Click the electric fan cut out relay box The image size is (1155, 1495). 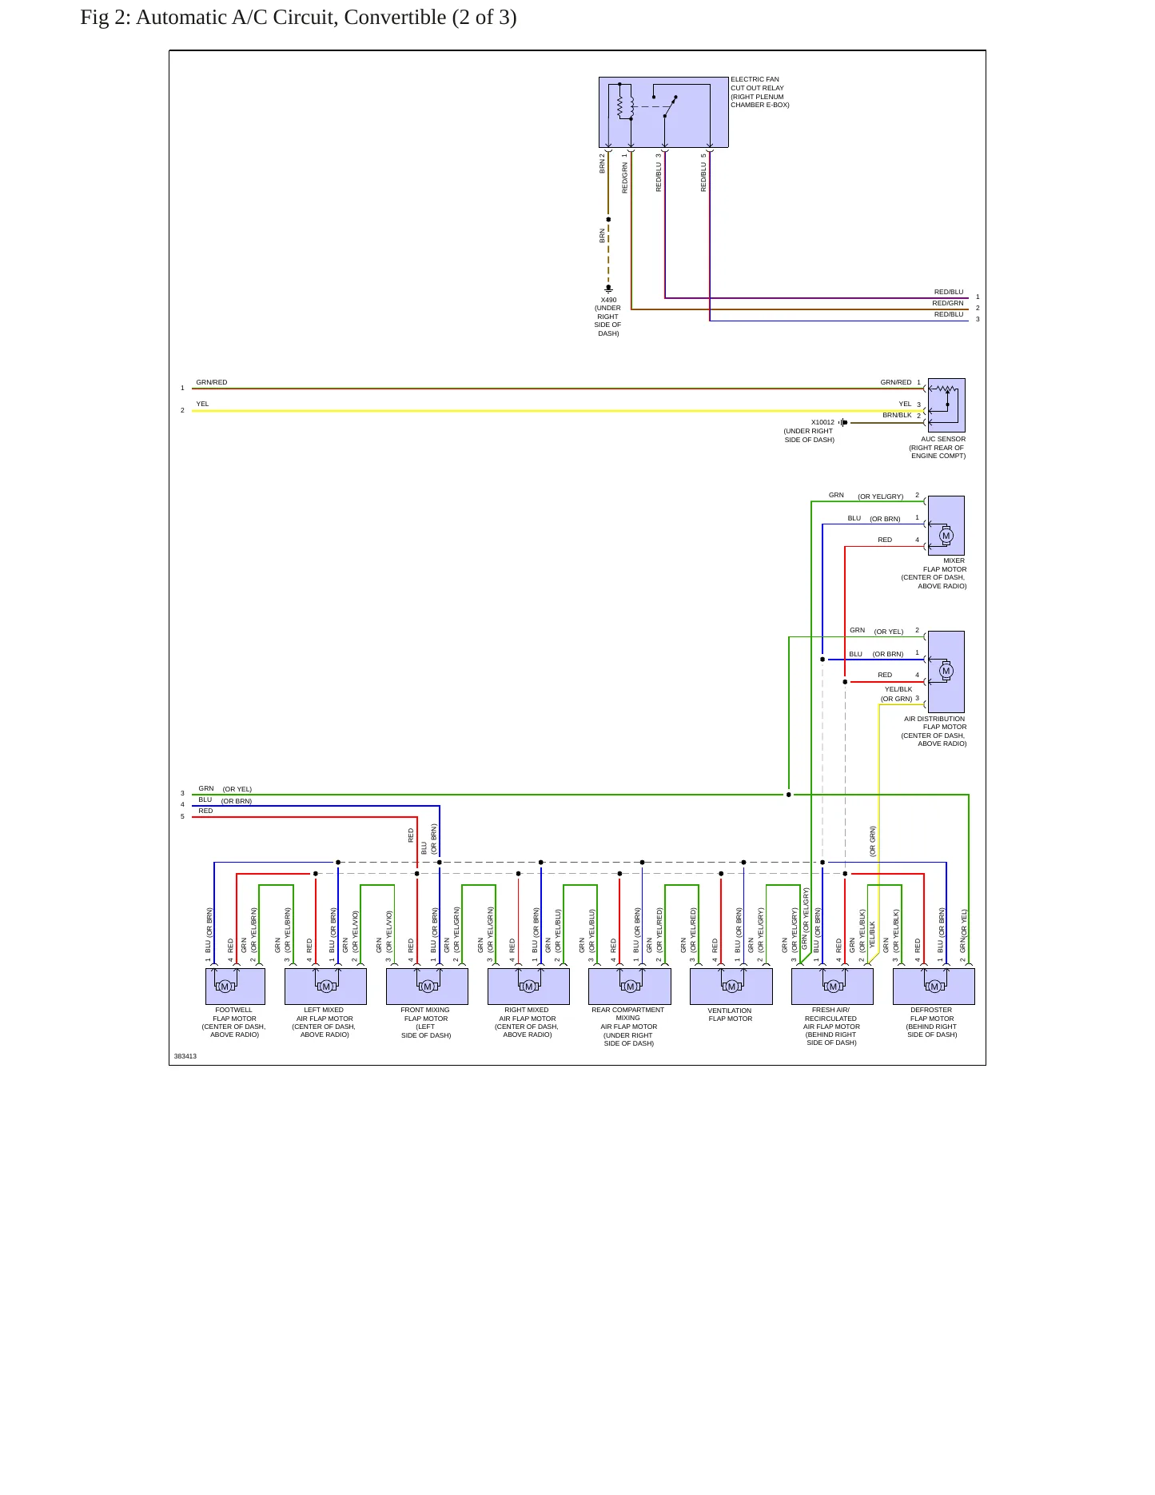(x=663, y=113)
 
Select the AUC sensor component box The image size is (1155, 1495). (x=946, y=405)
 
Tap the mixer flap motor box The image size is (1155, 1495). (x=946, y=525)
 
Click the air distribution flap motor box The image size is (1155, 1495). (x=946, y=672)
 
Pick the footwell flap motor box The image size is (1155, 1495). (x=235, y=987)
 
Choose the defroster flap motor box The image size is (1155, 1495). (x=934, y=987)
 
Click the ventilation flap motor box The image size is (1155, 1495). (x=731, y=987)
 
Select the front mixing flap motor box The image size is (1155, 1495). (x=427, y=987)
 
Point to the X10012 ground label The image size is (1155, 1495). (x=822, y=422)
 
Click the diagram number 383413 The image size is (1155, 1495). (x=185, y=1056)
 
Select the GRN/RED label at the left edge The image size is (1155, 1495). (x=212, y=382)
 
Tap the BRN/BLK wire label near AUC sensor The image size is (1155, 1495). (x=897, y=415)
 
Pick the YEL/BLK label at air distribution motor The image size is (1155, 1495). (x=898, y=689)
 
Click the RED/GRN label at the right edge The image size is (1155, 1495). (x=948, y=303)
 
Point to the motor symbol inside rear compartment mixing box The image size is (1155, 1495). (x=630, y=987)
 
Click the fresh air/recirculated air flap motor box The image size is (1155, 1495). (x=832, y=987)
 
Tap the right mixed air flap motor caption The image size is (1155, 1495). (x=527, y=1023)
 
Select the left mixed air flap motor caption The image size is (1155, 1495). (x=324, y=1023)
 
